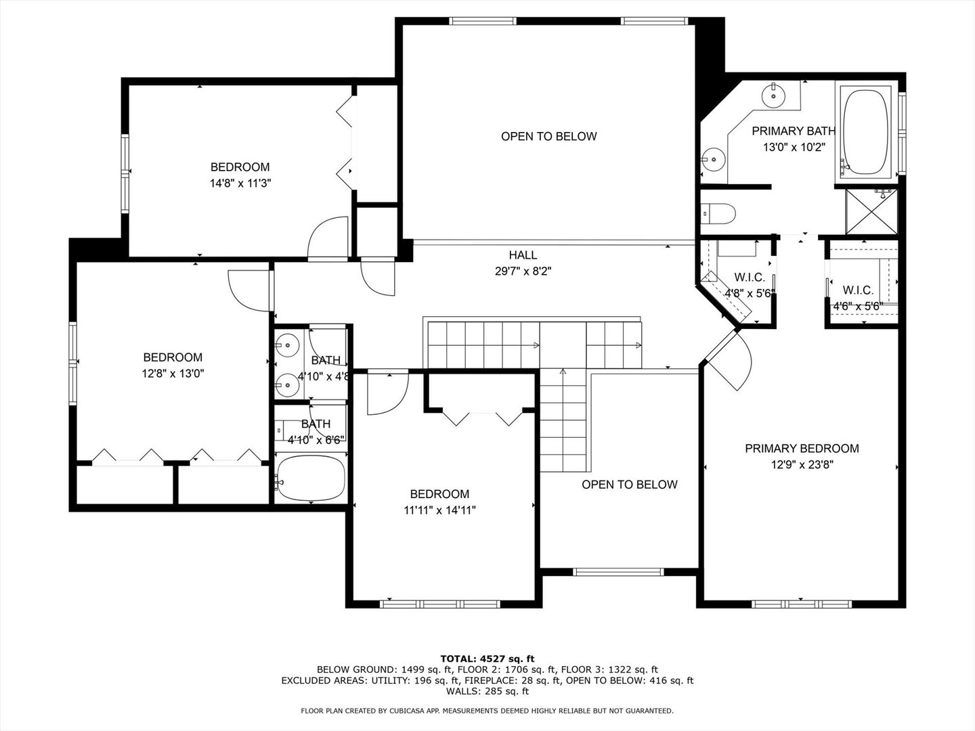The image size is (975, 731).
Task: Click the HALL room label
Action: tap(523, 255)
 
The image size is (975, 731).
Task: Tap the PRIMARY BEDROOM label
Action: tap(802, 449)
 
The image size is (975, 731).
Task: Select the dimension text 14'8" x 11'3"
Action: tap(240, 183)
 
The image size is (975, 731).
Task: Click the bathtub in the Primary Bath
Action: tap(866, 132)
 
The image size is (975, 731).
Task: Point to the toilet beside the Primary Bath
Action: tap(718, 213)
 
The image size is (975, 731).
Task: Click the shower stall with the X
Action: tap(871, 211)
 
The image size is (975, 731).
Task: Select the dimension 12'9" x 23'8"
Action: tap(802, 465)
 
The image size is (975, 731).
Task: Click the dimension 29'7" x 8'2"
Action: tap(523, 271)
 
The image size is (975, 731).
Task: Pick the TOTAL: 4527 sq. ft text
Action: tap(487, 659)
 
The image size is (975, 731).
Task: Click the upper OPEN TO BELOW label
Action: tap(548, 137)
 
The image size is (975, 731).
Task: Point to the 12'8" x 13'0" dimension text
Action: tap(173, 374)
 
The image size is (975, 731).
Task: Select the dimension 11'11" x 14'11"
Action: tap(439, 510)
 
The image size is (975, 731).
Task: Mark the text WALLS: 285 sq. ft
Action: tap(487, 691)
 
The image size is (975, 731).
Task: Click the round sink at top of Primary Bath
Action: tap(773, 95)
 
